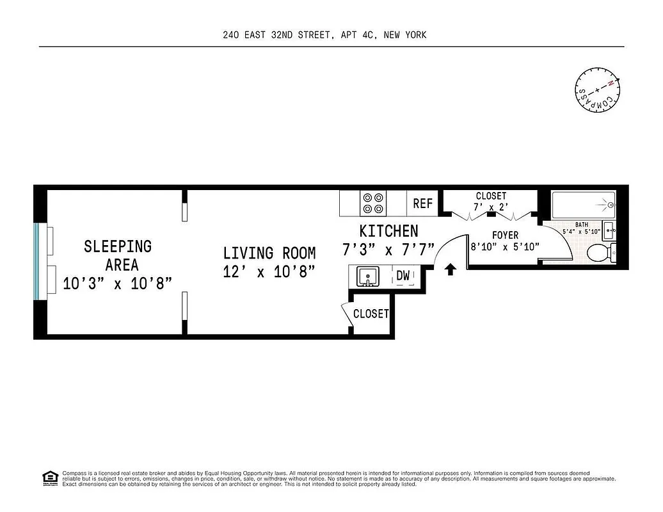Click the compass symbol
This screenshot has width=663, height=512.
597,90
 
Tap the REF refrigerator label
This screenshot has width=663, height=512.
422,204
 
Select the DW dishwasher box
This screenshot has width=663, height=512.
403,276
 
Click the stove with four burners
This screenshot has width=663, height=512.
373,203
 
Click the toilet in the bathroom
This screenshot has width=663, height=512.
600,253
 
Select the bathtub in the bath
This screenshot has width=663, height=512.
582,205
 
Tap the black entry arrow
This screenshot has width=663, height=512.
450,269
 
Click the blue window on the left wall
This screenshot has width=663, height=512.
38,261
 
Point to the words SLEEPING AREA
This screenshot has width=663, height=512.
118,255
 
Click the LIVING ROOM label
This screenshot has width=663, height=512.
269,253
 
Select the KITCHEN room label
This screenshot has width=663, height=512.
388,231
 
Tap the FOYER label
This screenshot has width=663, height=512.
505,235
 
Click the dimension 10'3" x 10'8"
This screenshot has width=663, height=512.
118,283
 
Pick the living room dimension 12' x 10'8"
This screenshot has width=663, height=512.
269,272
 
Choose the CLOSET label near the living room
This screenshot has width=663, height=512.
371,314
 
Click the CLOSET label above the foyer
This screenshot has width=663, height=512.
491,196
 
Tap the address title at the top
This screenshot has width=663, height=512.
324,35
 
